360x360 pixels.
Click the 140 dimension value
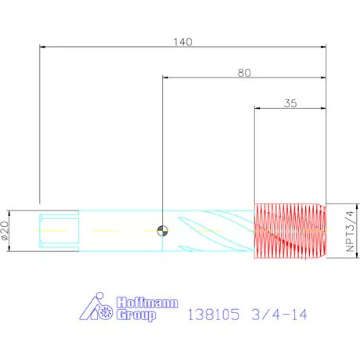click(x=183, y=42)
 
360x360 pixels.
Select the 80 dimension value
click(x=244, y=73)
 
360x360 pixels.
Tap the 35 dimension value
click(x=290, y=103)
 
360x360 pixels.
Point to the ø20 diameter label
click(x=5, y=231)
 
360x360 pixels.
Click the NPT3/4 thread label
click(x=350, y=231)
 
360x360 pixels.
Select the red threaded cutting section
click(x=290, y=231)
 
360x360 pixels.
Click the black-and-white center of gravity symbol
click(x=163, y=231)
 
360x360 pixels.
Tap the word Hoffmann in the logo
click(x=147, y=303)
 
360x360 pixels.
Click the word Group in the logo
click(x=136, y=315)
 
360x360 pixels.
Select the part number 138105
click(x=214, y=315)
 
